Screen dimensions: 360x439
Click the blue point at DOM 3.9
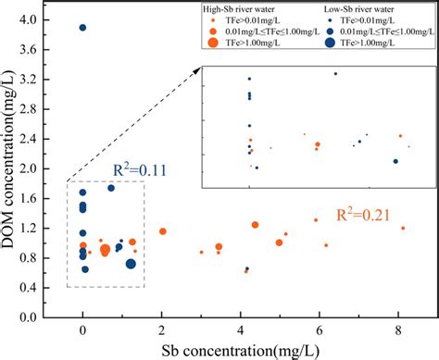tap(82, 28)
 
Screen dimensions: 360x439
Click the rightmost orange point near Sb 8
tap(403, 228)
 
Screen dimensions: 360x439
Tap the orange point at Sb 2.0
tap(163, 231)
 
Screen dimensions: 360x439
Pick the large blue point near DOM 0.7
tap(131, 264)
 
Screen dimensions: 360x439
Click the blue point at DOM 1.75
tap(111, 188)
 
